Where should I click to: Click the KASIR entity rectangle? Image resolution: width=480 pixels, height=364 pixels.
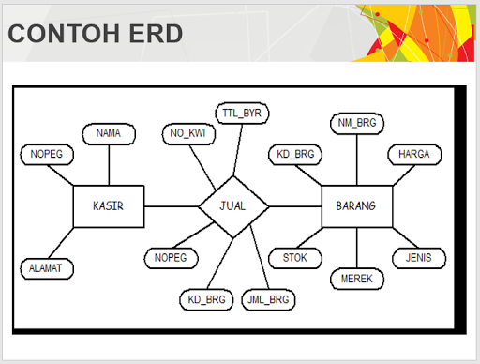109,205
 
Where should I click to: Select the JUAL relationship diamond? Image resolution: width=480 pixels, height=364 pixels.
233,205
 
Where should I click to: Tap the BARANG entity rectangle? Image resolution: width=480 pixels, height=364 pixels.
356,205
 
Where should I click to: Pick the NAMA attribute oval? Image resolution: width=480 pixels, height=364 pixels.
108,134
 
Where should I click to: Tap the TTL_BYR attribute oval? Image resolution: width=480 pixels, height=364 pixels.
242,113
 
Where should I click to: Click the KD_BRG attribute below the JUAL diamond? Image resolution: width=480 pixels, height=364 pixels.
204,300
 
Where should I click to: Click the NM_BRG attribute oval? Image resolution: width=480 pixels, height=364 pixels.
356,122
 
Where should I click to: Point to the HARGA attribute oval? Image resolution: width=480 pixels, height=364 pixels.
413,154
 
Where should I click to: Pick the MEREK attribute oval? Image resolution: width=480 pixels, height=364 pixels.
356,279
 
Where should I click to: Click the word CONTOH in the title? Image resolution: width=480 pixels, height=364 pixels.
56,35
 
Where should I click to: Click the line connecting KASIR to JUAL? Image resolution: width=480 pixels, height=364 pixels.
172,205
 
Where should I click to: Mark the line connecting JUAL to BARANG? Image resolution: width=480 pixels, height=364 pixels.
295,205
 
